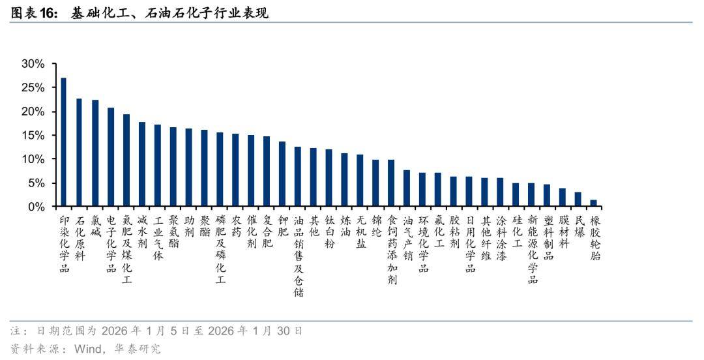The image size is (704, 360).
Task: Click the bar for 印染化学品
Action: coord(63,142)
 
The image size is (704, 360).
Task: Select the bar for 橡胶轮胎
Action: coord(593,203)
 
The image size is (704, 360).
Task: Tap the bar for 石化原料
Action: coord(79,153)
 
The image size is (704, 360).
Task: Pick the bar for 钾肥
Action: coord(282,174)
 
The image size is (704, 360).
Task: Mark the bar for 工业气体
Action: coord(157,166)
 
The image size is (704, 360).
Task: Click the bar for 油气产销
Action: coord(407,188)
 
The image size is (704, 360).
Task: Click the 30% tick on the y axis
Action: coord(33,64)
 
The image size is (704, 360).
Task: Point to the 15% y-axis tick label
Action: coord(33,136)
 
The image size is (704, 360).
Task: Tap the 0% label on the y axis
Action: coord(36,207)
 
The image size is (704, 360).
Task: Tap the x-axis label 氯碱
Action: coord(95,227)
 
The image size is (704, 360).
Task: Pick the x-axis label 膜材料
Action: coord(563,233)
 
